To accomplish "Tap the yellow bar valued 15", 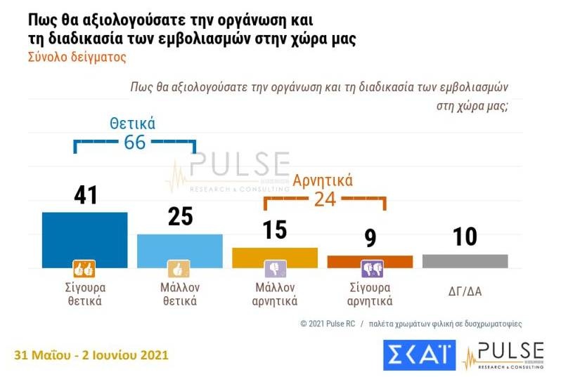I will (274, 257).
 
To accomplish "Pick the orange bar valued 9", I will (370, 261).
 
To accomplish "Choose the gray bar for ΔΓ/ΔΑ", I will (465, 260).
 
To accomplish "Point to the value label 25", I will (180, 216).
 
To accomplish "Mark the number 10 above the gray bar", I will (465, 237).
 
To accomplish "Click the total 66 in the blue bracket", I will (134, 143).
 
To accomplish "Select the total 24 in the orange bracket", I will (324, 199).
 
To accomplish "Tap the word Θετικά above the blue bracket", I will (132, 124).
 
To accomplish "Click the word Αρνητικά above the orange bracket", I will (323, 180).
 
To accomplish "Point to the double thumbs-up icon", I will (84, 269).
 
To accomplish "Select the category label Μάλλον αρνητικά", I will (274, 294).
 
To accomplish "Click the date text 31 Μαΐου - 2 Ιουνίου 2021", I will (91, 355).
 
